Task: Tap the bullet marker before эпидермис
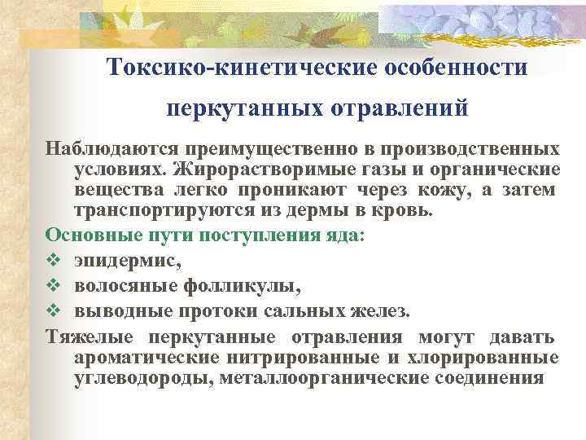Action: pyautogui.click(x=53, y=262)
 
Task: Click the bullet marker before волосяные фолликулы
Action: pyautogui.click(x=53, y=287)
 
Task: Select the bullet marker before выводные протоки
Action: pyautogui.click(x=53, y=312)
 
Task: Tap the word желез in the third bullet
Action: pyautogui.click(x=382, y=312)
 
